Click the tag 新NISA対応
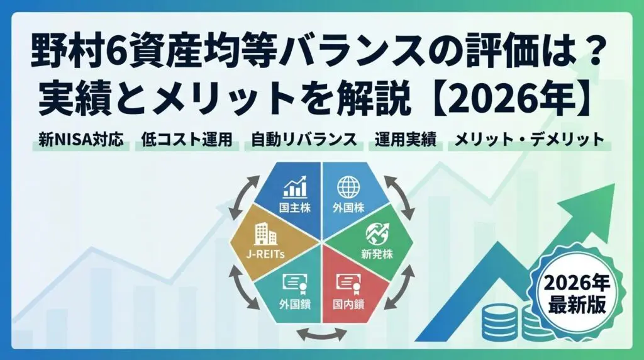[81, 140]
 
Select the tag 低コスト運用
[187, 140]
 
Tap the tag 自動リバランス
[304, 140]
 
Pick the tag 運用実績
[405, 140]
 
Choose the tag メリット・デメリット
[530, 140]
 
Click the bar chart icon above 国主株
[295, 187]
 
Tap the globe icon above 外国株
[348, 187]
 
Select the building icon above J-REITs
[265, 234]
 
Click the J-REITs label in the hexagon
[265, 254]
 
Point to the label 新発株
[377, 254]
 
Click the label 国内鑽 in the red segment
[348, 305]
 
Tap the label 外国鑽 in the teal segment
[294, 305]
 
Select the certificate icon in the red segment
[348, 283]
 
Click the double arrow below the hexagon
[321, 334]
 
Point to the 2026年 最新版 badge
[577, 293]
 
